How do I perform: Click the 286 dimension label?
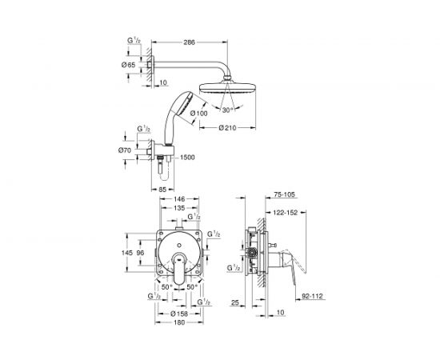[189, 42]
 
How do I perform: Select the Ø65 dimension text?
[128, 65]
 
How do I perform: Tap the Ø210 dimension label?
[227, 128]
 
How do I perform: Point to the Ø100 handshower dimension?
[198, 113]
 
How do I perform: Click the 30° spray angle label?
[227, 110]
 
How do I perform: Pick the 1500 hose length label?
[187, 157]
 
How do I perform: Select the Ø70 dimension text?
[125, 150]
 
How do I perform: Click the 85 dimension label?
[162, 190]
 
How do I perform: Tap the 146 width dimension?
[179, 199]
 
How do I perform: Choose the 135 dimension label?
[179, 208]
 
